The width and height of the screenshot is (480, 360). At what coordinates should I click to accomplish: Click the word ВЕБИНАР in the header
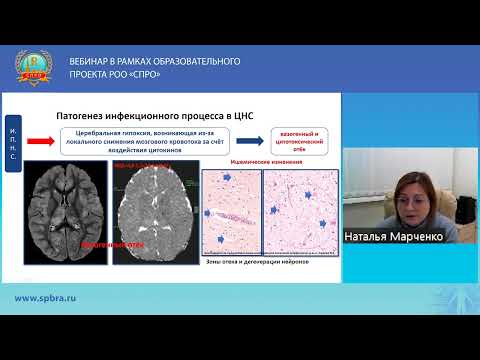(x=97, y=61)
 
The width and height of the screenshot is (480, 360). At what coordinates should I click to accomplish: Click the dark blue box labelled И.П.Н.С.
(x=12, y=145)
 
